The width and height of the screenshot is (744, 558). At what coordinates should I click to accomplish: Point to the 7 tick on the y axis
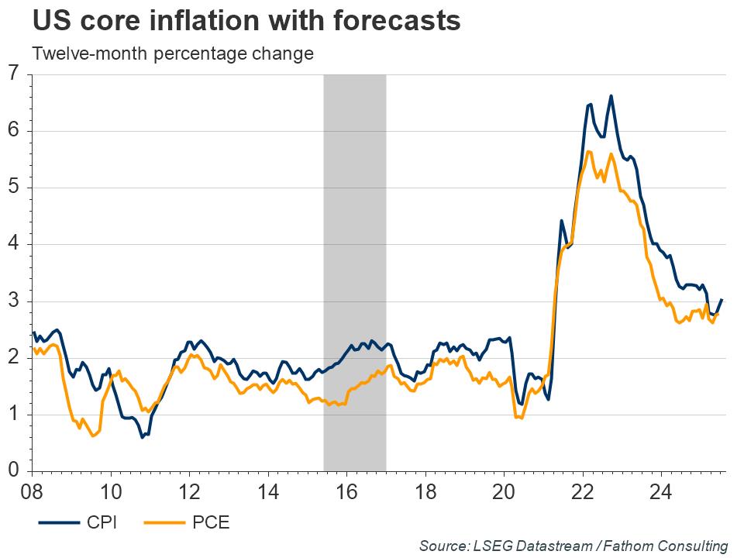[x=14, y=74]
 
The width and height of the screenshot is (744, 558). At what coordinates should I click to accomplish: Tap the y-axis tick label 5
[x=14, y=188]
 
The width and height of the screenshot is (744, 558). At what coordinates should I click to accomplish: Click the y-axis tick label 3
[x=14, y=301]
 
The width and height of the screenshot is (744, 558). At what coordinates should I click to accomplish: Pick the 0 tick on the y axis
[x=14, y=471]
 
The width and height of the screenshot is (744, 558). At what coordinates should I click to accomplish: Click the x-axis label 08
[x=32, y=491]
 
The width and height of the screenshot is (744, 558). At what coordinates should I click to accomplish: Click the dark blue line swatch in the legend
[x=57, y=523]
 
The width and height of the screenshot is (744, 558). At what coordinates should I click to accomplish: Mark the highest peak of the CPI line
[x=611, y=96]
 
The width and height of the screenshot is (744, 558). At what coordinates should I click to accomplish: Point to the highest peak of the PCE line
[x=589, y=151]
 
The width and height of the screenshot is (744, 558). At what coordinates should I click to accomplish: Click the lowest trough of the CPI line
[x=143, y=437]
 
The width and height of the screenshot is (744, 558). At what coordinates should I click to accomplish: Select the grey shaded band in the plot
[x=354, y=271]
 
